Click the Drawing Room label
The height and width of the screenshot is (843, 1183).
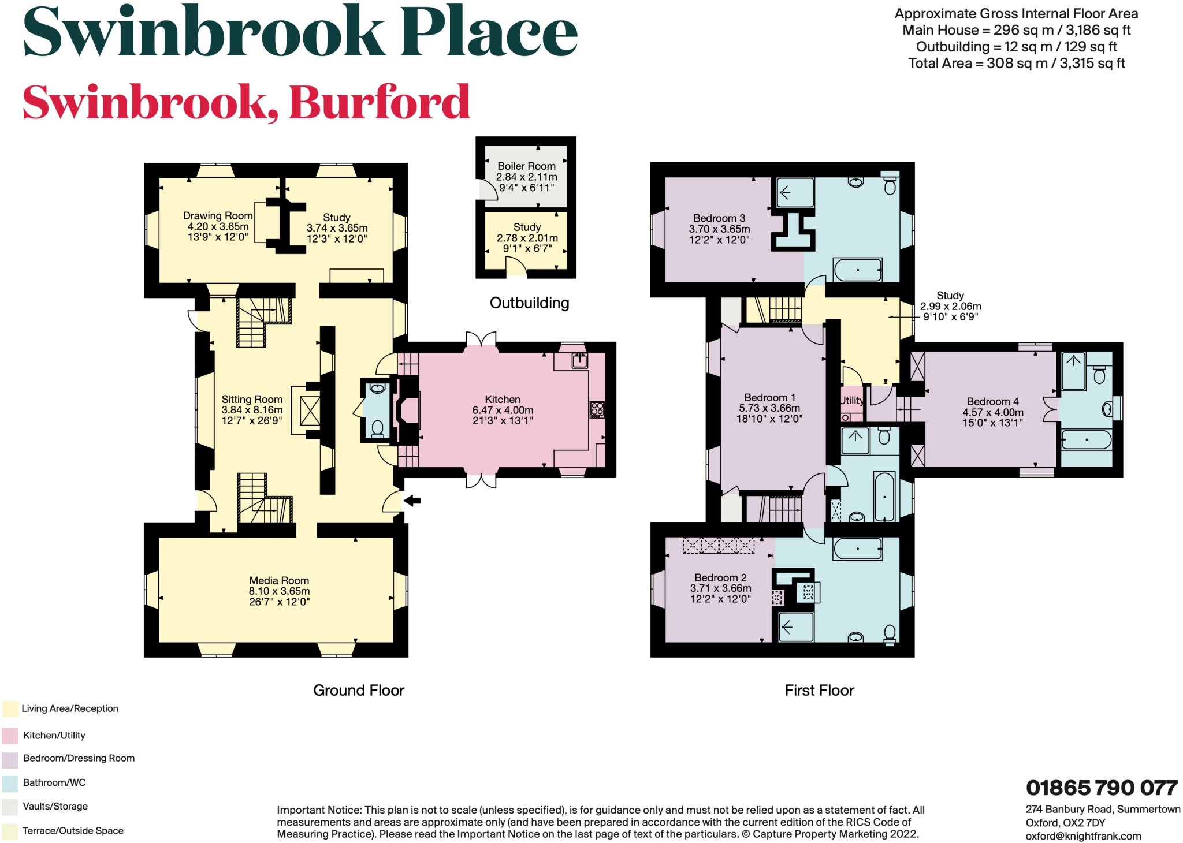218,216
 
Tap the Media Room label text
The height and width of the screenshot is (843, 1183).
279,581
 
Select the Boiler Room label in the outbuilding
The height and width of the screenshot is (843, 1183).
526,166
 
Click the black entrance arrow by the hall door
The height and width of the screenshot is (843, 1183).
412,501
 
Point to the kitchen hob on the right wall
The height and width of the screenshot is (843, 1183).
597,410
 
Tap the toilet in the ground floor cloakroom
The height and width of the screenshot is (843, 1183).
378,428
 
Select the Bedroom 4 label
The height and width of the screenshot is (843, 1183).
992,402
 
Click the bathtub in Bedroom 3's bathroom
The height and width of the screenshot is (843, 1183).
857,270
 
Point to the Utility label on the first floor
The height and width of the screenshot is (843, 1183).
852,400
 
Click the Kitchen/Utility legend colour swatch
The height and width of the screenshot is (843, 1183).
10,736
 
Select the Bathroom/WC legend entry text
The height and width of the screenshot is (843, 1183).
54,783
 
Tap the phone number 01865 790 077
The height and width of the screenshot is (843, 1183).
1101,788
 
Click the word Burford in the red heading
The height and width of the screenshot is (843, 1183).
379,103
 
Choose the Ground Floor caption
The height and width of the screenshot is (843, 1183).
358,691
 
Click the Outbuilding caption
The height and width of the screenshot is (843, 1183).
529,303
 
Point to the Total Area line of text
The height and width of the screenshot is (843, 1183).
1016,64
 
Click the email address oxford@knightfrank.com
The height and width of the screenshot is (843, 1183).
1083,836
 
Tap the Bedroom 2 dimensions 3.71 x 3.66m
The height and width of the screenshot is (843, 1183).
720,588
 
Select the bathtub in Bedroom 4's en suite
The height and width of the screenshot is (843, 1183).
1086,440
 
